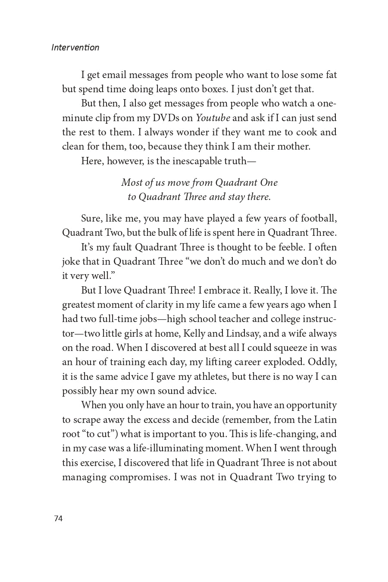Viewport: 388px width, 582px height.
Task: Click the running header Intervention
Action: [75, 47]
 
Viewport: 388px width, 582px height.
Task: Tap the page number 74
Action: [58, 518]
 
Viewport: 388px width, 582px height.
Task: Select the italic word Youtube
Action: [213, 118]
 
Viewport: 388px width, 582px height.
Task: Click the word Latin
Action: [325, 419]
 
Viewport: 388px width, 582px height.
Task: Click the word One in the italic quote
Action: [269, 182]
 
